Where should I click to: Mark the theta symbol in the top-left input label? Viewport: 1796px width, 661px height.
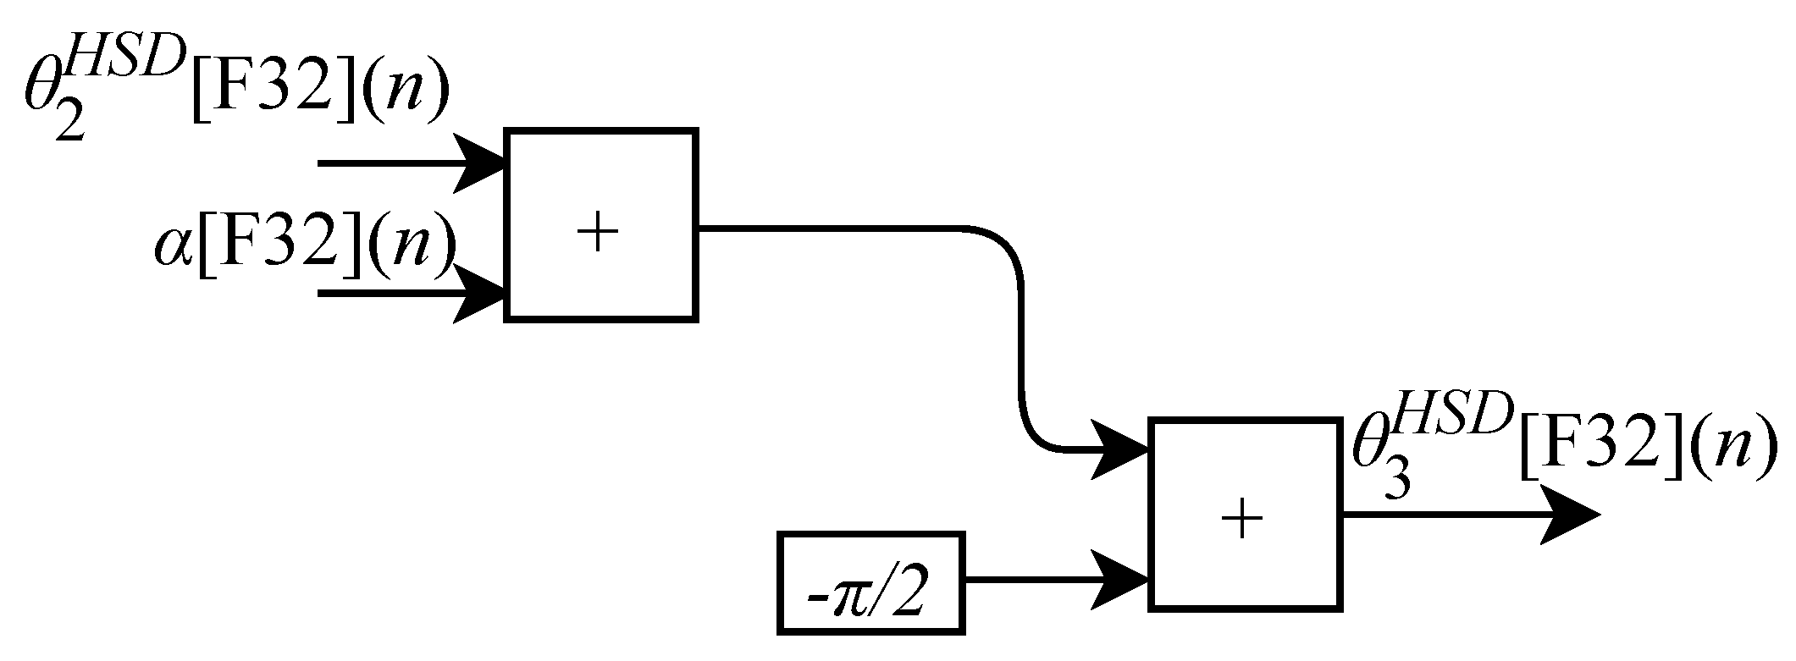42,96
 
